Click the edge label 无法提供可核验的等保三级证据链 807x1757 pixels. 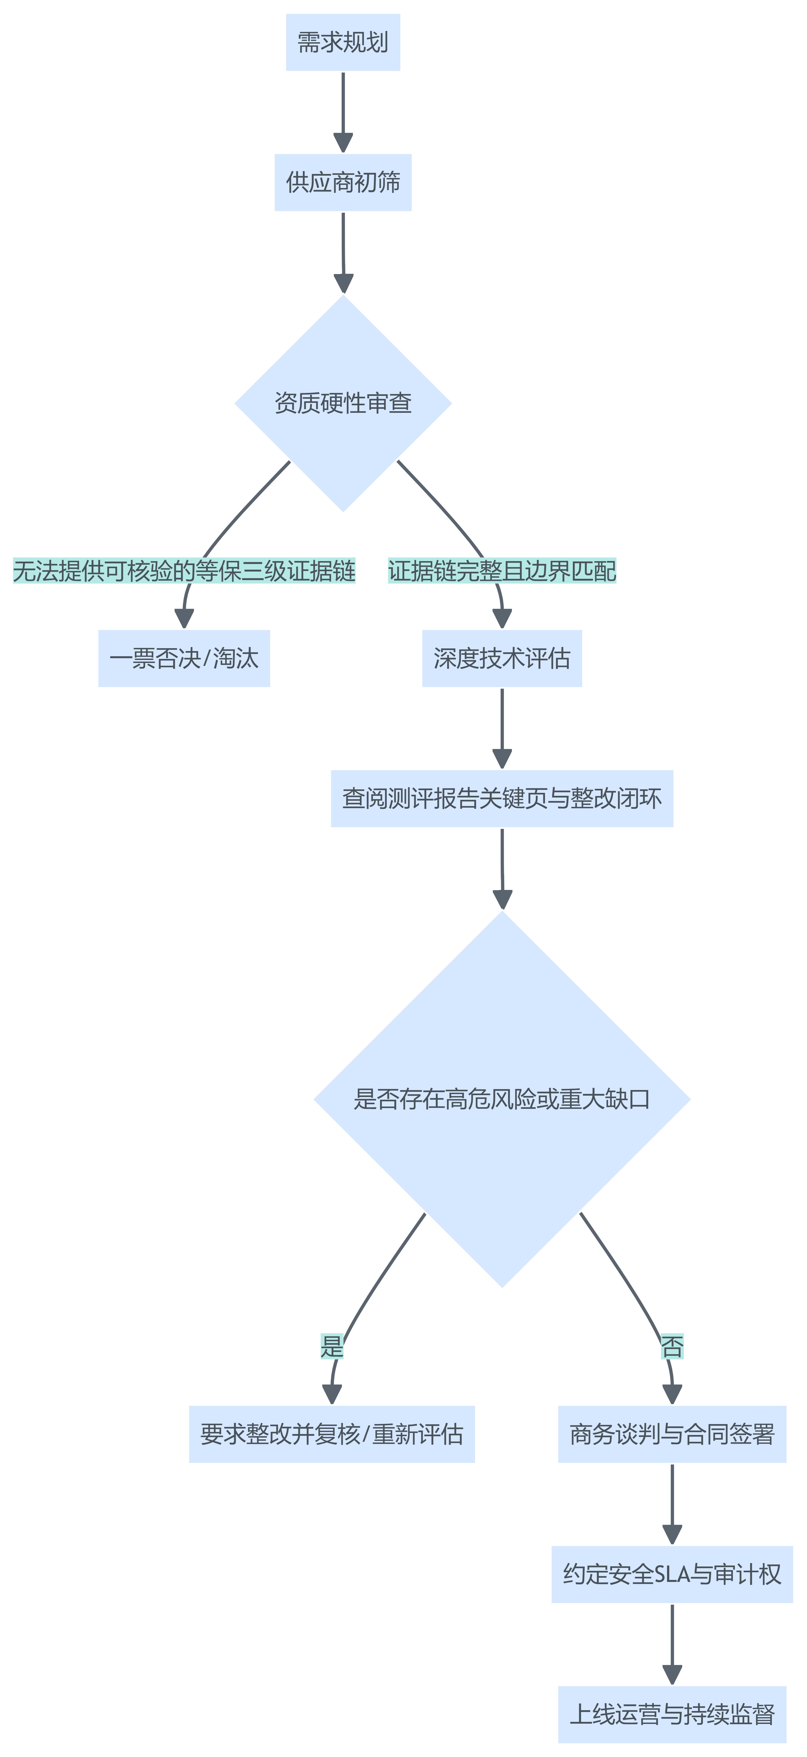pos(184,571)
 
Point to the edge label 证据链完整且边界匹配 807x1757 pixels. pos(502,571)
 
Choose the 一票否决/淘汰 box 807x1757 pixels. pos(184,658)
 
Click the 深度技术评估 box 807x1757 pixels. pos(502,658)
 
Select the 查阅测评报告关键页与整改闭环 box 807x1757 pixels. pos(502,799)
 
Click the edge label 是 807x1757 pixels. pos(332,1347)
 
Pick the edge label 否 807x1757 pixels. pos(672,1347)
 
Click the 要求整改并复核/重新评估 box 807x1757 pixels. pos(332,1434)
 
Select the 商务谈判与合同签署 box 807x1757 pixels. pos(672,1434)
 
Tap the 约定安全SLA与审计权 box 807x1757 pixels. pos(672,1574)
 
